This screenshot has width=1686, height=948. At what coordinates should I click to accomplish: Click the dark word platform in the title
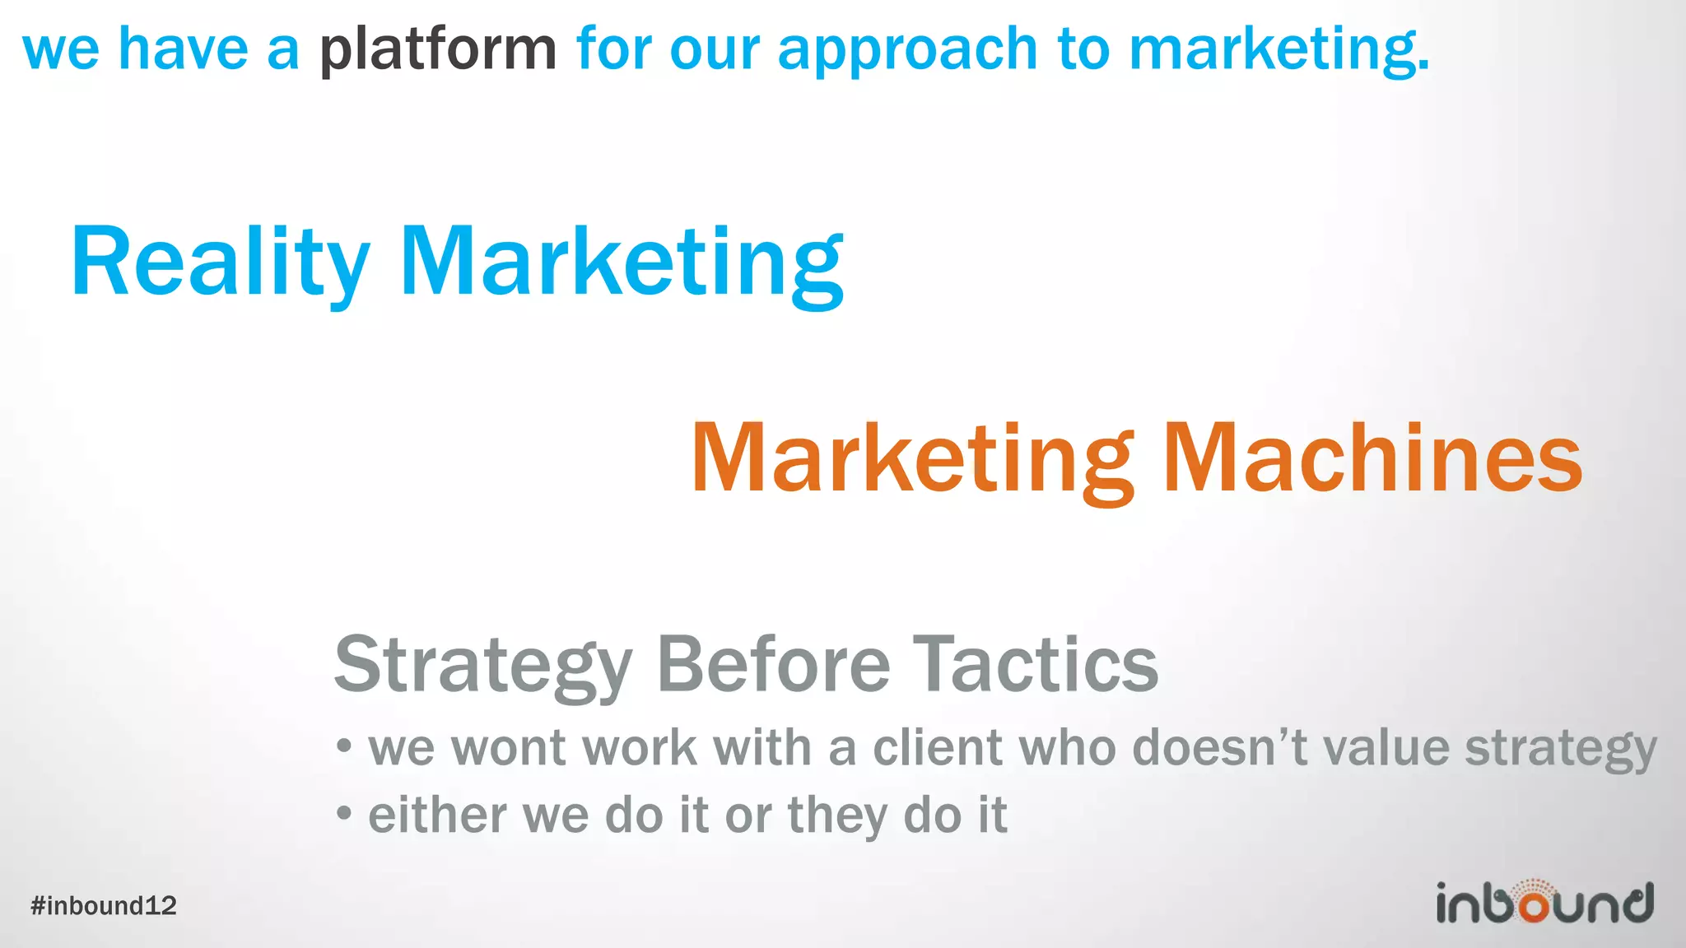coord(438,49)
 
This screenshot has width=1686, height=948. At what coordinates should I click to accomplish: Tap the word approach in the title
coord(906,49)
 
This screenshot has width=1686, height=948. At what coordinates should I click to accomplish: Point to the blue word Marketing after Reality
coord(622,262)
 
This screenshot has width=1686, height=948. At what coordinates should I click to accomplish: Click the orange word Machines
coord(1372,458)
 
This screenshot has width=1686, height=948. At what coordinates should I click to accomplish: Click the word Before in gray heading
coord(773,665)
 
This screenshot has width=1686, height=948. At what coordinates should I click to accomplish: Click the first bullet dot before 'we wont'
coord(344,747)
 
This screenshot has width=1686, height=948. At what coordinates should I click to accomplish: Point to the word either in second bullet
coord(437,815)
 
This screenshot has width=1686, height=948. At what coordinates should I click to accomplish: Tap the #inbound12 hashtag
coord(104,906)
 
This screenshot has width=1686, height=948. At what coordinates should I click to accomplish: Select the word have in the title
coord(183,49)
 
